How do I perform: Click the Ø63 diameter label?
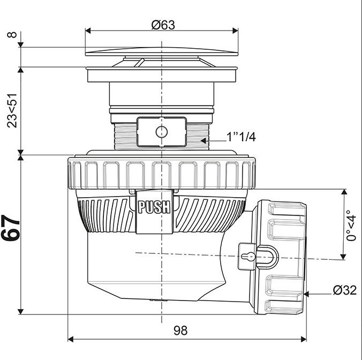[163, 25]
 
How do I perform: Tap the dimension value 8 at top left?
[12, 35]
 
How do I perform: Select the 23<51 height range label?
[12, 110]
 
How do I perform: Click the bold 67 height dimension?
[11, 228]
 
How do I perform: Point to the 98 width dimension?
[180, 331]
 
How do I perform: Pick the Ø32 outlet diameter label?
[345, 290]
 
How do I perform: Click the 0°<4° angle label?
[351, 226]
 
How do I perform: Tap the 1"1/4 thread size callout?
[242, 137]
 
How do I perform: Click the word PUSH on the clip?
[154, 207]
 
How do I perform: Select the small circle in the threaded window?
[162, 132]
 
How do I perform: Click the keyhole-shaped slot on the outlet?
[248, 256]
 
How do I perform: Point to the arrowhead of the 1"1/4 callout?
[203, 140]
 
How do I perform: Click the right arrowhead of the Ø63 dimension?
[235, 31]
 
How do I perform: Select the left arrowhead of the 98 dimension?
[70, 339]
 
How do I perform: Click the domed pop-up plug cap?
[162, 52]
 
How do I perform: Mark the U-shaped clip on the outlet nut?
[268, 257]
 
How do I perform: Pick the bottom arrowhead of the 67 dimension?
[21, 311]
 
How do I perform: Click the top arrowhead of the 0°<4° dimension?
[344, 192]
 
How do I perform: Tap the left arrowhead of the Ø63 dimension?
[88, 31]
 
